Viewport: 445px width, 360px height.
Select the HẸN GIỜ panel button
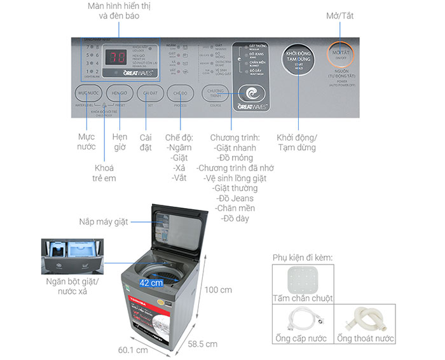tap(120, 93)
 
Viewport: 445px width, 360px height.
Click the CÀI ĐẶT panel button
tap(151, 93)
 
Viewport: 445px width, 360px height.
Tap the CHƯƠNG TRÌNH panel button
tap(215, 93)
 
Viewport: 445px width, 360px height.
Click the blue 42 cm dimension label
tap(153, 282)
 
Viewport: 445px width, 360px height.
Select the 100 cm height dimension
tap(217, 289)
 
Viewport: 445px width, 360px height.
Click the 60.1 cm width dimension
tap(133, 350)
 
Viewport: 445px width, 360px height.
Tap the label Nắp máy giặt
tap(104, 222)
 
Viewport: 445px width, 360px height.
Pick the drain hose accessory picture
tap(365, 317)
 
